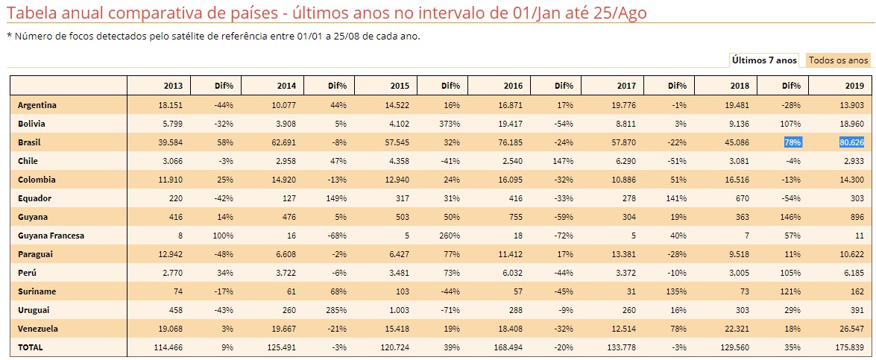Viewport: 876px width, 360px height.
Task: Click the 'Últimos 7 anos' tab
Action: tap(764, 60)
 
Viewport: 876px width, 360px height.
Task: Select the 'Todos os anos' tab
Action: tap(839, 60)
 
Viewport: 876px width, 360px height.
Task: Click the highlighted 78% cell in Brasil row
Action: tap(792, 142)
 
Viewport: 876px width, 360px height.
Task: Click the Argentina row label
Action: tap(37, 105)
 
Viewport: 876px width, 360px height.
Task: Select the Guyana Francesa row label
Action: tap(51, 236)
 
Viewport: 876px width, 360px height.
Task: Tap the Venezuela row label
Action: tap(38, 329)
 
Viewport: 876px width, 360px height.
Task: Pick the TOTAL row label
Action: tap(31, 347)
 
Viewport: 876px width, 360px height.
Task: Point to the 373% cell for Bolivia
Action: tap(450, 124)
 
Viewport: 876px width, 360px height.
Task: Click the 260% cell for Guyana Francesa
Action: tap(450, 236)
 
